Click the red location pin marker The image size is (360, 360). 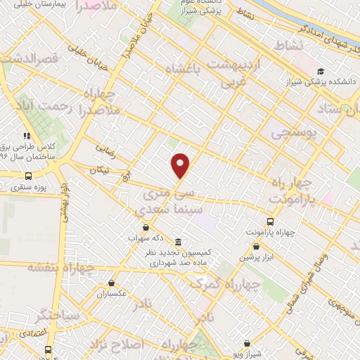pos(181,165)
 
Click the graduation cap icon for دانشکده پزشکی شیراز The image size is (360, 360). pos(321,72)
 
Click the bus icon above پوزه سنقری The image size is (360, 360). pos(27,176)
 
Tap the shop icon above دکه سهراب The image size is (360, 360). pos(146,227)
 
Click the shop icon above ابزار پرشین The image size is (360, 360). pos(257,246)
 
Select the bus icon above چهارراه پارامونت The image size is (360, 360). pos(271,221)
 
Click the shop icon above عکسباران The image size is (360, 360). pos(112,283)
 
